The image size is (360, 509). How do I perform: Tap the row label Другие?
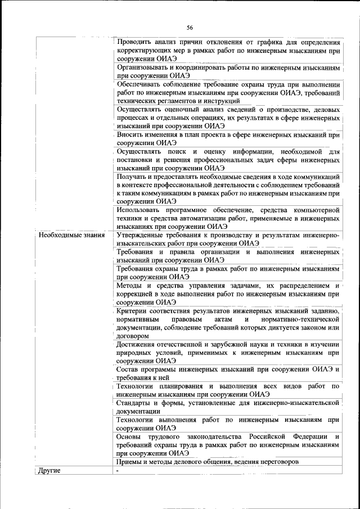coord(48,470)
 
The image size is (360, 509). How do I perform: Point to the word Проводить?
coord(134,42)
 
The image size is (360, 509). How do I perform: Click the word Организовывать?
coord(145,66)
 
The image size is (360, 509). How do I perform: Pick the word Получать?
coord(132,177)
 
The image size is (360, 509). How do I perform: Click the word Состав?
coord(128,370)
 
